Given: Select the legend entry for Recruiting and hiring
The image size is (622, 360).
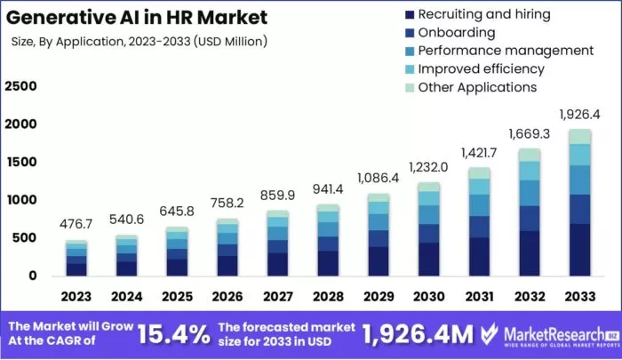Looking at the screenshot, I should point(484,14).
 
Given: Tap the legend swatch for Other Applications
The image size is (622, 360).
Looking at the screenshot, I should point(408,87).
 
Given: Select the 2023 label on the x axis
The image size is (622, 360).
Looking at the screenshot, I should point(76,295).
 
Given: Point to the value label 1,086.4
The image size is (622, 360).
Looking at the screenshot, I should point(379,179).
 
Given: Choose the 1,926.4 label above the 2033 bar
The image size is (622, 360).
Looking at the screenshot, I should point(579,115).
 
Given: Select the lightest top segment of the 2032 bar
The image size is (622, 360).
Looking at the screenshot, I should point(530,155).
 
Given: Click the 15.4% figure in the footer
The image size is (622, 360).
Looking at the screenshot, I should point(174,333).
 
